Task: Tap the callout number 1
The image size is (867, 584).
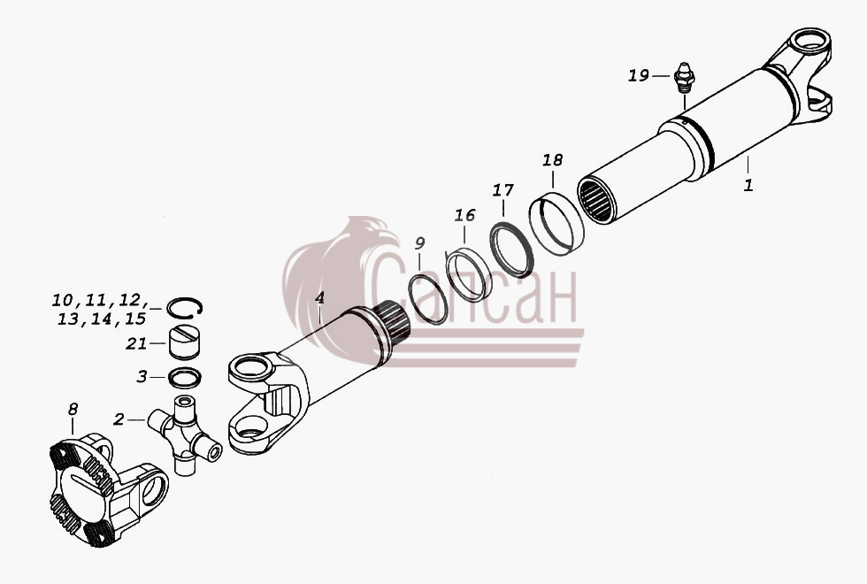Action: point(748,185)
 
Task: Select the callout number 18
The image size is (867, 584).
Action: point(552,160)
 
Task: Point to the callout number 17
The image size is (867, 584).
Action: point(503,190)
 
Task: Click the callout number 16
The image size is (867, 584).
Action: point(465,214)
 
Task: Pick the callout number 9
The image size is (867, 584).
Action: point(419,242)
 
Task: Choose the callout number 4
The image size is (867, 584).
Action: point(319,297)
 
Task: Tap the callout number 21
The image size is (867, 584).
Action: point(136,343)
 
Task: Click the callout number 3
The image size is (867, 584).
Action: point(142,377)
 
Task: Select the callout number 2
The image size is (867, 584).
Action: point(119,419)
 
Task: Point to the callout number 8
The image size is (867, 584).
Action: point(73,409)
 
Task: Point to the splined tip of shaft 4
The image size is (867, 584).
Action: point(392,323)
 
